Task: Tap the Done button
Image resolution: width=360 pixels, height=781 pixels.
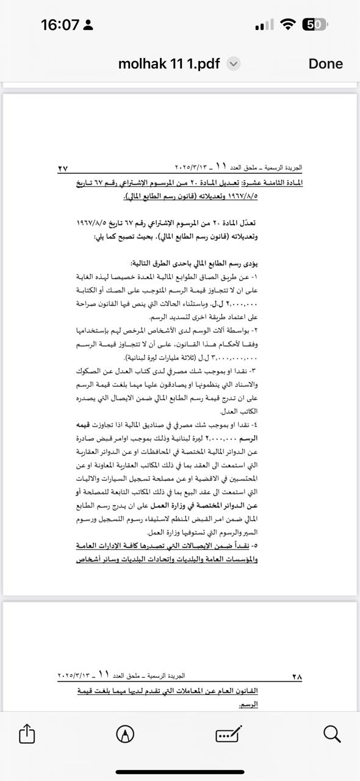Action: (325, 63)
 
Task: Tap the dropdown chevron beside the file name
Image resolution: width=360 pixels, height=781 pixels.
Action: (234, 64)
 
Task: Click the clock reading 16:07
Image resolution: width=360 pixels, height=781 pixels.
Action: (60, 25)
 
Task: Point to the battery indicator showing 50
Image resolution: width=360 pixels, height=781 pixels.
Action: (315, 24)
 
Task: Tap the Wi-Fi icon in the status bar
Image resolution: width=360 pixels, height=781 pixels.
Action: (287, 24)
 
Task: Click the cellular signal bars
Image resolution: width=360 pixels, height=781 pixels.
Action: (264, 25)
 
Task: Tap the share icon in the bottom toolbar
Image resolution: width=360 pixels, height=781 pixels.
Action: (27, 733)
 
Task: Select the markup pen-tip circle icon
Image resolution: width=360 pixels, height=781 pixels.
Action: (125, 733)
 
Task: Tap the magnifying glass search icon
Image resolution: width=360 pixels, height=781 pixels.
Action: (332, 733)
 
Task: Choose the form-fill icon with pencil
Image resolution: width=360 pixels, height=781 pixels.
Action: (229, 733)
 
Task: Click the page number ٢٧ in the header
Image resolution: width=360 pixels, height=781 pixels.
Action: (63, 168)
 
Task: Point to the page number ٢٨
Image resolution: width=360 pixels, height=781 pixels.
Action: (297, 676)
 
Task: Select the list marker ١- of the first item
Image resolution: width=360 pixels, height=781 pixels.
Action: (254, 276)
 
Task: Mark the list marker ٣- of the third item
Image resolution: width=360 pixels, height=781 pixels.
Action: (254, 371)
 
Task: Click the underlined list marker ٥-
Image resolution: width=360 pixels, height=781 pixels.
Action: (254, 544)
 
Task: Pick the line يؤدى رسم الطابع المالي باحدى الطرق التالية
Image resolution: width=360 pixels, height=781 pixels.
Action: (194, 263)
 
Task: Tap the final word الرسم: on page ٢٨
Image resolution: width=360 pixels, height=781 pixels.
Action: (247, 704)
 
